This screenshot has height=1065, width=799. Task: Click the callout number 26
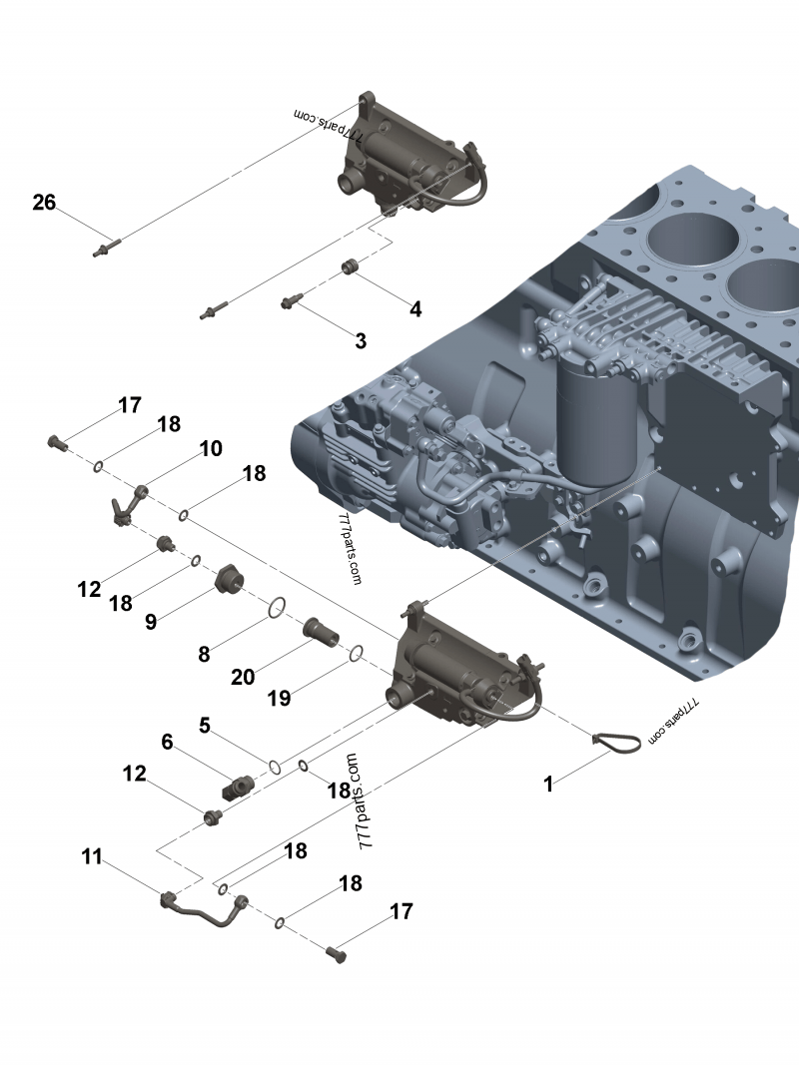pos(44,203)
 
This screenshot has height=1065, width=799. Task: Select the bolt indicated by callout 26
pos(105,246)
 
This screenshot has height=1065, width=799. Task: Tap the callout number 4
pos(415,309)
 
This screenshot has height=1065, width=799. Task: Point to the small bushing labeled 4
pos(351,266)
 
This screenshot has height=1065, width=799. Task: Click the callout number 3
pos(361,341)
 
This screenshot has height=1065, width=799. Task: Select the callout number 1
pos(548,785)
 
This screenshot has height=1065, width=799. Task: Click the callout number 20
pos(243,677)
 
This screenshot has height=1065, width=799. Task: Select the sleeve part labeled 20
pos(320,632)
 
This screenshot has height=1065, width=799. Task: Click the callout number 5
pos(205,725)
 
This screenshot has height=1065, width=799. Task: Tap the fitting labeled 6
pos(241,787)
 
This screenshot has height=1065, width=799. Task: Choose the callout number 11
pos(92,856)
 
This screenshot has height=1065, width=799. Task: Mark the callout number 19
pos(280,698)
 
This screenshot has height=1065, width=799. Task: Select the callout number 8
pos(204,654)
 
